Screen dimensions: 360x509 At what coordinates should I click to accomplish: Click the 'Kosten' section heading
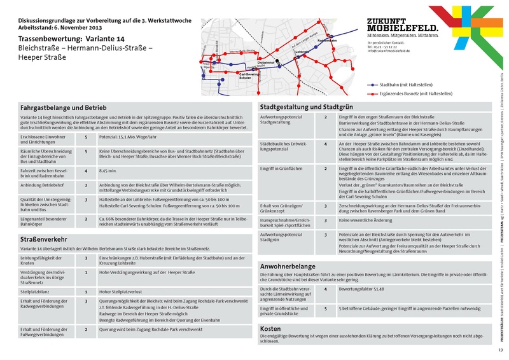click(x=271, y=328)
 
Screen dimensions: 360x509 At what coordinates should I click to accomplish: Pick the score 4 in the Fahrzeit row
click(x=86, y=171)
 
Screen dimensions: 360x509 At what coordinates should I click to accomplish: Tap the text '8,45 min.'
click(x=109, y=171)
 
